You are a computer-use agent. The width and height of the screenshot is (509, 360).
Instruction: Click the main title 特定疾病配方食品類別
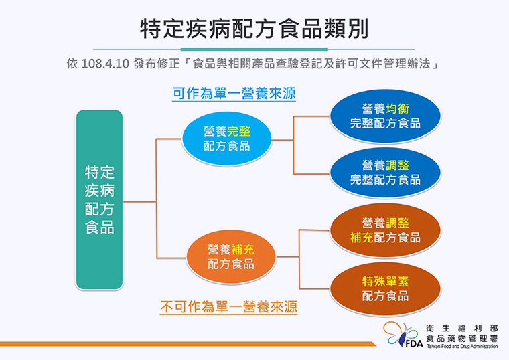254,29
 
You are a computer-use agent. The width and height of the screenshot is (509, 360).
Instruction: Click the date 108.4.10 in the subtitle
105,64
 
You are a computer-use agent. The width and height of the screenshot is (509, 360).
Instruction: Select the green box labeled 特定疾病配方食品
99,200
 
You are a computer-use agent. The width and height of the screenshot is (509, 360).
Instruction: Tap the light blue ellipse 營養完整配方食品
226,139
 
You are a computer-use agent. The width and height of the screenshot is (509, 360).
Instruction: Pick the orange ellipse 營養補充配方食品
231,257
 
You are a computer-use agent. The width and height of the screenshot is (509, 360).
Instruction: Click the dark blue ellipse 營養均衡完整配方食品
385,116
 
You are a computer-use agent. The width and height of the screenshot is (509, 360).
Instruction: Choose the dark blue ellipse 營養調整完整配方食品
385,172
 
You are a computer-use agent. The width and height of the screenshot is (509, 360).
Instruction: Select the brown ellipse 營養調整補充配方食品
385,230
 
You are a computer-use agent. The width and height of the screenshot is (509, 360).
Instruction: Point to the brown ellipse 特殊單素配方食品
385,288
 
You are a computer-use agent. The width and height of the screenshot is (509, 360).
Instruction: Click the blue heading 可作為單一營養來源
234,94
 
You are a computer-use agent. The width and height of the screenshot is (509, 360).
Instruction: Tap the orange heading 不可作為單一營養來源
229,307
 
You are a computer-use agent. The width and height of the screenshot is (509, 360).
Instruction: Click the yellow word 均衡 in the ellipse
397,109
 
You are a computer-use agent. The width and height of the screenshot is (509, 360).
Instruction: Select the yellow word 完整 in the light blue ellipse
238,132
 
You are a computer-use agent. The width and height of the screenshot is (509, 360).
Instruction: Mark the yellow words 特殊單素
385,282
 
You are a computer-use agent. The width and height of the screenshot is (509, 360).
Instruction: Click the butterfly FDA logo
403,335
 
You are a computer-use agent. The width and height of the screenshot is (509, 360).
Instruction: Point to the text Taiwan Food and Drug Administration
462,347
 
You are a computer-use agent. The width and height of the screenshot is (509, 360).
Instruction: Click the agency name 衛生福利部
462,329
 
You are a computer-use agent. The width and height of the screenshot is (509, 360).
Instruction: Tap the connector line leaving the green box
139,202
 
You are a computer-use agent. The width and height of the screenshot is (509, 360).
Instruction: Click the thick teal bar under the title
254,50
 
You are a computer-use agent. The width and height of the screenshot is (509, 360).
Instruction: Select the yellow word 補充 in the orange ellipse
242,250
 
